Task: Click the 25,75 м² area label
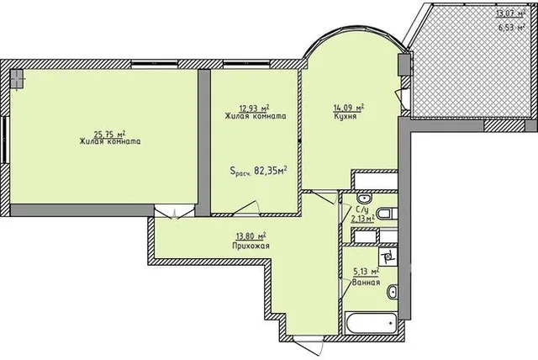(x=109, y=134)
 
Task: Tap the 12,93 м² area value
(x=254, y=109)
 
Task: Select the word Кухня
(x=345, y=116)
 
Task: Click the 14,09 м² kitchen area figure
(x=348, y=109)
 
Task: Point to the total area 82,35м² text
(x=271, y=170)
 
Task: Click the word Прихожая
(x=251, y=246)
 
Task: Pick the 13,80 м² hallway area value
(x=251, y=236)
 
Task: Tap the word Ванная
(x=367, y=283)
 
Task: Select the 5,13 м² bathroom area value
(x=367, y=272)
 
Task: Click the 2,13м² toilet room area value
(x=362, y=218)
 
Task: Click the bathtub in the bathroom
(x=371, y=323)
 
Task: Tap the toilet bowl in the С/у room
(x=387, y=214)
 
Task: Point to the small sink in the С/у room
(x=363, y=198)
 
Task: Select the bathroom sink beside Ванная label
(x=393, y=292)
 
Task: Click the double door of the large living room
(x=175, y=211)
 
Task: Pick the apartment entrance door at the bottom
(x=309, y=345)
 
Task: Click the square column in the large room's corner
(x=17, y=79)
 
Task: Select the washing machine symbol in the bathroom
(x=388, y=256)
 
